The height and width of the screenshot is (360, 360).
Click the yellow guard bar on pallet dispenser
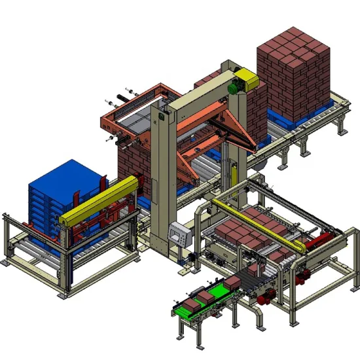pyautogui.click(x=98, y=200)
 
